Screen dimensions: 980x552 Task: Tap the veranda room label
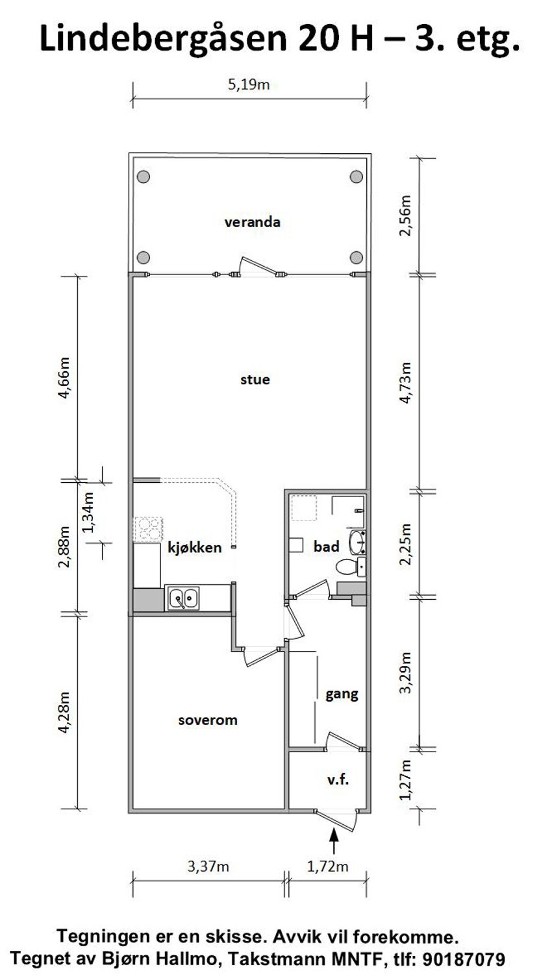252,223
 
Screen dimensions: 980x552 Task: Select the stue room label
255,380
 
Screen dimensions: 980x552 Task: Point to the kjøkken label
195,547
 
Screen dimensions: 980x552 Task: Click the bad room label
327,547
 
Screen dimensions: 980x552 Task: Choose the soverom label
208,720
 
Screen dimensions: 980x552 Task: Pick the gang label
342,694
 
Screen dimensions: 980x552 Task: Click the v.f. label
338,780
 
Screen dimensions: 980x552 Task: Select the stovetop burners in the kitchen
149,529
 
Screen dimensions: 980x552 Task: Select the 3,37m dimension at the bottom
208,866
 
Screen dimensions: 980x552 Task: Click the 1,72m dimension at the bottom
328,866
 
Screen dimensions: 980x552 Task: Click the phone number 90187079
464,959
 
